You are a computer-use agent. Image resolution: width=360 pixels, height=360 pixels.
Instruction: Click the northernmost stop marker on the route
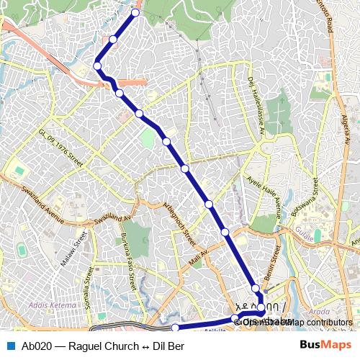(x=135, y=12)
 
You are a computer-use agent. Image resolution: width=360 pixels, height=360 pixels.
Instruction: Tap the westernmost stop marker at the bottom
(x=175, y=328)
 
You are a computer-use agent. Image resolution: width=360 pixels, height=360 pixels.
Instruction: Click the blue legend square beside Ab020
(x=10, y=346)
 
